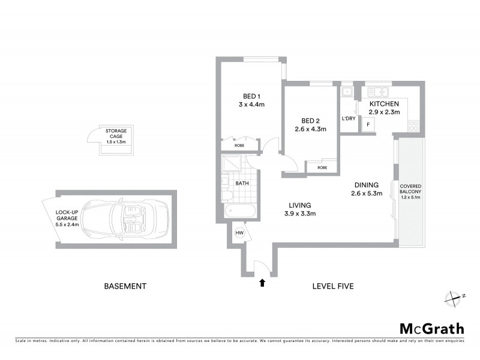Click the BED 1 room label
(251, 96)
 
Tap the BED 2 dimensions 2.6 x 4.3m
(310, 128)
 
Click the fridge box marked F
(367, 125)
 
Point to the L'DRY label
(349, 118)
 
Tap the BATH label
(242, 183)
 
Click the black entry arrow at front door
(262, 283)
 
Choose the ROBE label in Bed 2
(322, 167)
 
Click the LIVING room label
(300, 205)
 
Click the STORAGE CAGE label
(116, 133)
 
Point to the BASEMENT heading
(125, 286)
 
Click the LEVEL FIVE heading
(333, 286)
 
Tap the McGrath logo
(431, 328)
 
